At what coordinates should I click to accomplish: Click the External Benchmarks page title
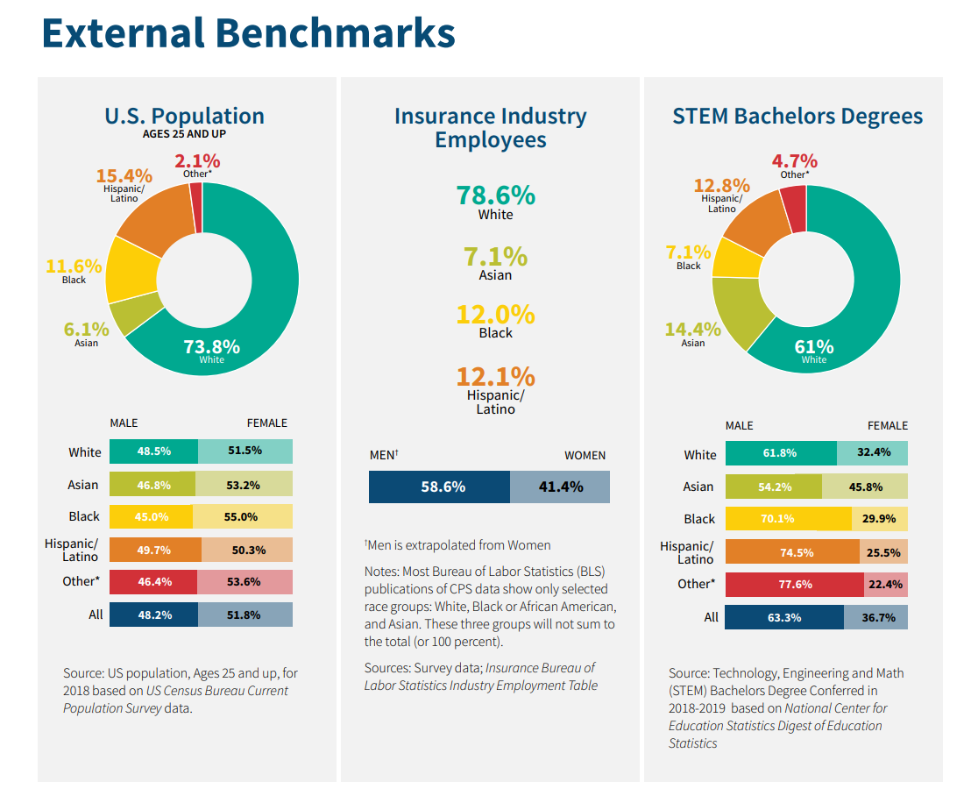248,33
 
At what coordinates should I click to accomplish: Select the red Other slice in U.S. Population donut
196,208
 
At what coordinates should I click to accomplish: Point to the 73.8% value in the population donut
211,346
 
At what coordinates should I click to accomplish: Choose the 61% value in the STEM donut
813,347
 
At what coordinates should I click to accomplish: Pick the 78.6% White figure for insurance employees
495,195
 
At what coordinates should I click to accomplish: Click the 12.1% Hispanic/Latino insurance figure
495,376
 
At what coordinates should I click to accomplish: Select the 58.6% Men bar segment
439,487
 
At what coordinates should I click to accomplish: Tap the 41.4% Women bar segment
560,487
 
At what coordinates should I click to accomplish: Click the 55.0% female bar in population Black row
243,516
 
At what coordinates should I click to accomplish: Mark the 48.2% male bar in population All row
153,615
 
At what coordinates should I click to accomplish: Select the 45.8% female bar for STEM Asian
865,487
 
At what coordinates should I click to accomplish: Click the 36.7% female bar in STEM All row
875,617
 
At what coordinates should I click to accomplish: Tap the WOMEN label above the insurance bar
585,455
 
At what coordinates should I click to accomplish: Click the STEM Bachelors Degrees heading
797,116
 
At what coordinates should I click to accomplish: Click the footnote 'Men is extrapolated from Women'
457,545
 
